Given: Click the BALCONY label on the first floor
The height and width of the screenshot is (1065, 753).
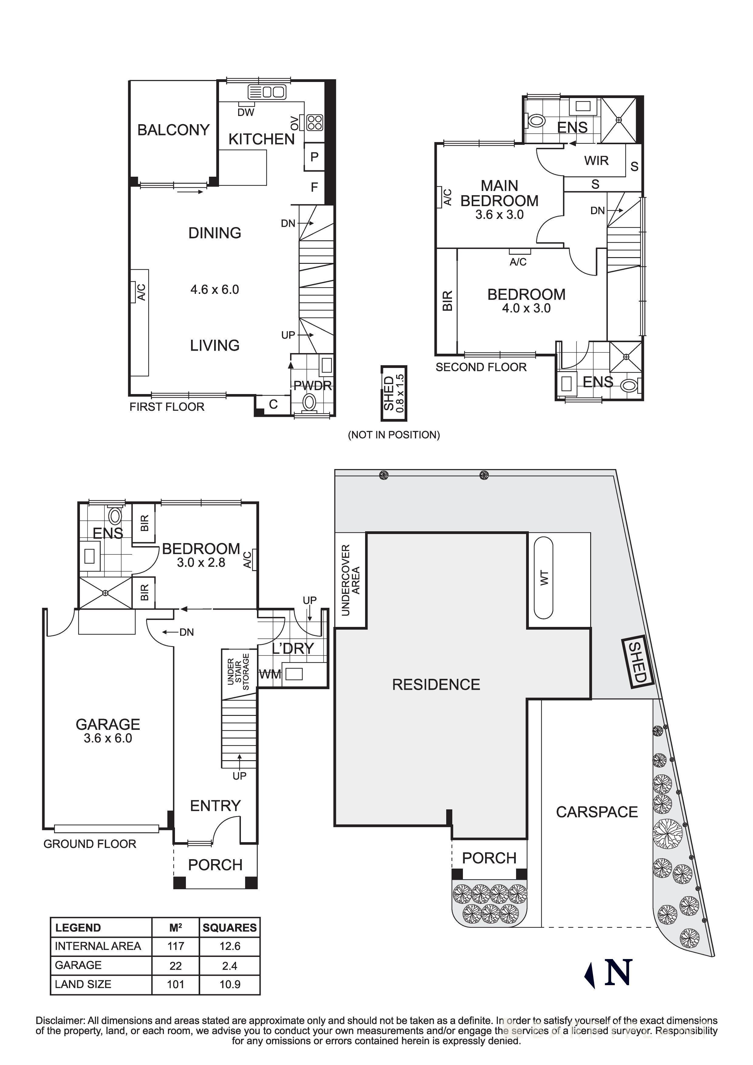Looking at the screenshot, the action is [x=173, y=130].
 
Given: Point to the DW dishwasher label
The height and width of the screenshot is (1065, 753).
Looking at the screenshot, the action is [x=246, y=112].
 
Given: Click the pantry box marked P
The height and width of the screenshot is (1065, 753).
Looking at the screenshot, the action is [x=314, y=157].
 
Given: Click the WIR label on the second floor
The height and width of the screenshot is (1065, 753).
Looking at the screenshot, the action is [x=596, y=161].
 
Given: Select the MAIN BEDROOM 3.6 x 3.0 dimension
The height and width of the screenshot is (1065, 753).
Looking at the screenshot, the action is [x=499, y=215].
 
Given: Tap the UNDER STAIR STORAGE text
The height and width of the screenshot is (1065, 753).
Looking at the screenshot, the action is [x=238, y=672].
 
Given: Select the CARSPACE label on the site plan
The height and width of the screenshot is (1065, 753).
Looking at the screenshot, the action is [x=597, y=812].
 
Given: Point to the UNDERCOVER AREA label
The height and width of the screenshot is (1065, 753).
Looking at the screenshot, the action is [x=351, y=580].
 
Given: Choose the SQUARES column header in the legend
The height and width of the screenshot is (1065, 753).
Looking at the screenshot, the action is [x=230, y=927].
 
